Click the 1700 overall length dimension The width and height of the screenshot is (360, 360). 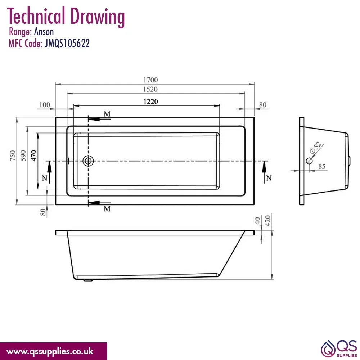click(x=150, y=80)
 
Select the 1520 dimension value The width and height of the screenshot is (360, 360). click(x=150, y=89)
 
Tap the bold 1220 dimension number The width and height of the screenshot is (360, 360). click(x=150, y=102)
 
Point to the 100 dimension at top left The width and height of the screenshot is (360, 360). click(x=45, y=105)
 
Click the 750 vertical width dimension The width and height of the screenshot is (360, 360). click(x=13, y=156)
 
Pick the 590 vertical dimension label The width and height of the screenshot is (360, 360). click(x=23, y=156)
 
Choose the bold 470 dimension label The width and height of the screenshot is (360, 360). click(x=33, y=156)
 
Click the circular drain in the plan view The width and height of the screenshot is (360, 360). click(x=88, y=161)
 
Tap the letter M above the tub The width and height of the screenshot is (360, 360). click(x=107, y=114)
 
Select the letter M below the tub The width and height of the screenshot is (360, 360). click(x=107, y=209)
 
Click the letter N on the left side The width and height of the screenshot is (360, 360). click(x=45, y=178)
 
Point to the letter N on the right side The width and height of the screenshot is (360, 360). click(x=269, y=178)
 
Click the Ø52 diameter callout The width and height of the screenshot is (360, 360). click(x=315, y=148)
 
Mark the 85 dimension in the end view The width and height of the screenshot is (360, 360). click(x=322, y=166)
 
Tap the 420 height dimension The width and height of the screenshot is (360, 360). click(x=268, y=221)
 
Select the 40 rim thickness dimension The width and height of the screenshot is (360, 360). click(x=257, y=221)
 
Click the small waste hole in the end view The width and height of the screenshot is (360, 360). click(x=309, y=161)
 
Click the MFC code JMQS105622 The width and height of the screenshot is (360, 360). click(x=67, y=44)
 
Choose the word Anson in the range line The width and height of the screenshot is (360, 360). click(x=44, y=32)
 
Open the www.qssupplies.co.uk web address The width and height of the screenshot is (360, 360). click(x=50, y=351)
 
